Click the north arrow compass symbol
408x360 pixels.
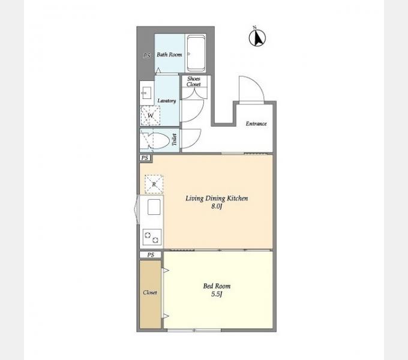click(x=257, y=38)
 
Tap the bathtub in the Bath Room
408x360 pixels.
click(x=196, y=53)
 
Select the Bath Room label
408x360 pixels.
click(x=169, y=55)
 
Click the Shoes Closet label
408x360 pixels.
click(x=194, y=82)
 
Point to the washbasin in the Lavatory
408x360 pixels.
click(x=146, y=93)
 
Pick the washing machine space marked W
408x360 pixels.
click(x=150, y=115)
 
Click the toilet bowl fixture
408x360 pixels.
click(x=155, y=141)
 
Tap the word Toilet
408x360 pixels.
click(x=175, y=140)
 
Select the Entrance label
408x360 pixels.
click(x=256, y=124)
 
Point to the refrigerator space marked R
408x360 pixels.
click(x=154, y=184)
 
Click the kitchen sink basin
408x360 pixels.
click(x=154, y=207)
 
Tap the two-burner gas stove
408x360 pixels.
click(x=152, y=237)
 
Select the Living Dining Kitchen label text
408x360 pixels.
click(x=217, y=199)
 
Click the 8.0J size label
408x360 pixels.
click(x=217, y=207)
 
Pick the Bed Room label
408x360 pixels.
click(x=217, y=286)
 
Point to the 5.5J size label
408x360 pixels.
click(x=217, y=295)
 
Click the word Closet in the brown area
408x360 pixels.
click(x=150, y=293)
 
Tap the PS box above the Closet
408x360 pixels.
click(x=151, y=255)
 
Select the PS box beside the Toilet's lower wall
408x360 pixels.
click(x=145, y=158)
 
